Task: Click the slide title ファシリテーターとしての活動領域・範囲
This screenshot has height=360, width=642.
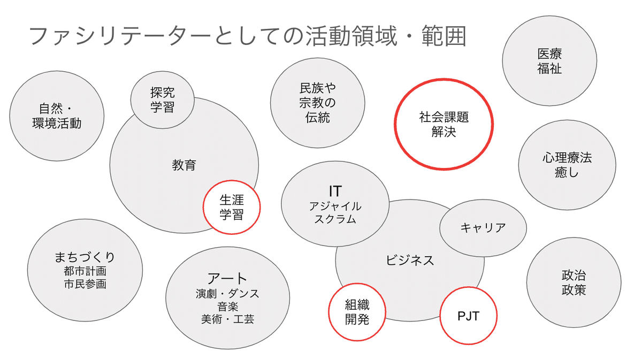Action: tap(247, 37)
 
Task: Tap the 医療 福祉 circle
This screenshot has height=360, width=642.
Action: tap(549, 61)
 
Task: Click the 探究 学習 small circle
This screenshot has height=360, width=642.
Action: tap(162, 100)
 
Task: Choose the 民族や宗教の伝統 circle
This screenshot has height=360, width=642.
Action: tap(317, 103)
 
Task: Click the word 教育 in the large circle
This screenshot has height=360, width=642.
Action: tap(184, 165)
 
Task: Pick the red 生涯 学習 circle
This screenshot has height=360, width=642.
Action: tap(232, 207)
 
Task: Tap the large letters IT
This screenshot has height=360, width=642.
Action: tap(335, 191)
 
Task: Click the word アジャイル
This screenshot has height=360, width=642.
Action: tap(335, 206)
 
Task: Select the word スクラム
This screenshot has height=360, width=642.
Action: tap(335, 219)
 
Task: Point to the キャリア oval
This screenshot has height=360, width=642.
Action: tap(483, 228)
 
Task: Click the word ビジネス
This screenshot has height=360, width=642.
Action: tap(410, 261)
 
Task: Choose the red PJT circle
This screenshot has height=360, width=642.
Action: tap(468, 316)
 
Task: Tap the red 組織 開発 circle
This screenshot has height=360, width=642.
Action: tap(356, 313)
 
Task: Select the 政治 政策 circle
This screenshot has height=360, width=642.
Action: tap(574, 283)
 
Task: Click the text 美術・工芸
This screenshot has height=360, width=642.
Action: tap(227, 319)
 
